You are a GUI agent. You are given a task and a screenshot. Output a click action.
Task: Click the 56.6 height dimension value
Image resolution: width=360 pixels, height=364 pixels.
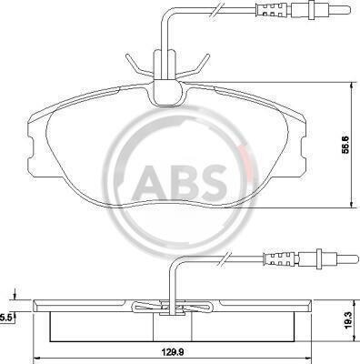[345, 146]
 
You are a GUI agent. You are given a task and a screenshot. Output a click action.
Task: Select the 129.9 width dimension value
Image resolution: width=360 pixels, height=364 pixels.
[174, 352]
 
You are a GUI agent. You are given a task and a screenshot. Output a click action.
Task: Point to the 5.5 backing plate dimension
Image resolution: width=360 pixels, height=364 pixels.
[5, 318]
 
